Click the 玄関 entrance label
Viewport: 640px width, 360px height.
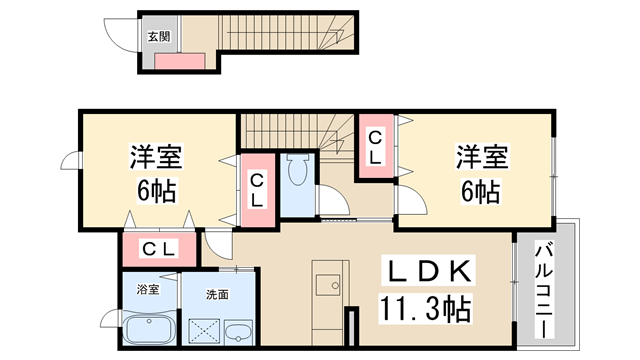(x=159, y=37)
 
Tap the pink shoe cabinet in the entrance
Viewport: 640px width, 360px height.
(x=180, y=61)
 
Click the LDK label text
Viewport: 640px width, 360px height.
(x=428, y=271)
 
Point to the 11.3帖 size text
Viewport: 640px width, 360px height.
(x=425, y=309)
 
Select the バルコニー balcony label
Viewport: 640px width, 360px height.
(x=544, y=290)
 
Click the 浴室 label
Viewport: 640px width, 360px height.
(x=148, y=290)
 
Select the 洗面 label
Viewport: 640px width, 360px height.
(x=217, y=295)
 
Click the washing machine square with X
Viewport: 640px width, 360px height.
(x=204, y=331)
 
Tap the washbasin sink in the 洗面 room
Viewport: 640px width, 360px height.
(x=239, y=331)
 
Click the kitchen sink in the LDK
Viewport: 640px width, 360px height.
(x=328, y=284)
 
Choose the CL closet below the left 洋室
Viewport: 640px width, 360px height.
(x=160, y=249)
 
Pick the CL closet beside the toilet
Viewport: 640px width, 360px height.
(x=257, y=190)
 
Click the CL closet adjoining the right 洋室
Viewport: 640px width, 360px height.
(x=376, y=147)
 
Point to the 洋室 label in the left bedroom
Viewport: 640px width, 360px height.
(x=156, y=156)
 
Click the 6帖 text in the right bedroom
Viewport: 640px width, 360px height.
(x=481, y=191)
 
